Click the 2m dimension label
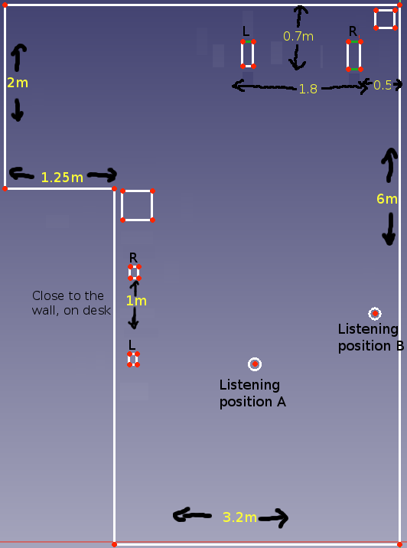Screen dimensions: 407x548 tap(18, 83)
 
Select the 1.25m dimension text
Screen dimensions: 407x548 tap(62, 178)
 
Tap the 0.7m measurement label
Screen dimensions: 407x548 tap(298, 36)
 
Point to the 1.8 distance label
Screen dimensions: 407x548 tap(308, 89)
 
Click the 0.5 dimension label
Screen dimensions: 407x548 tap(383, 85)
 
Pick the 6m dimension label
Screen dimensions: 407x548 tap(387, 199)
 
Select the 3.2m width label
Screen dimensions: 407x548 tap(239, 517)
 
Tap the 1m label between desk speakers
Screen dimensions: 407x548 tap(136, 301)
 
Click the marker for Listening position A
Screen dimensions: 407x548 tap(255, 364)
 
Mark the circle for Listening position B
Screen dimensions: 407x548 tap(375, 314)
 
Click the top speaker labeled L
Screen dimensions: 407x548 tap(248, 54)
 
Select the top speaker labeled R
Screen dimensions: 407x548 tap(355, 56)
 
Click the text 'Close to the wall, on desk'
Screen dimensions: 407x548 tap(71, 302)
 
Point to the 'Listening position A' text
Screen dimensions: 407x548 tap(252, 393)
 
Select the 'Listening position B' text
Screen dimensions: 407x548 tap(371, 338)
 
